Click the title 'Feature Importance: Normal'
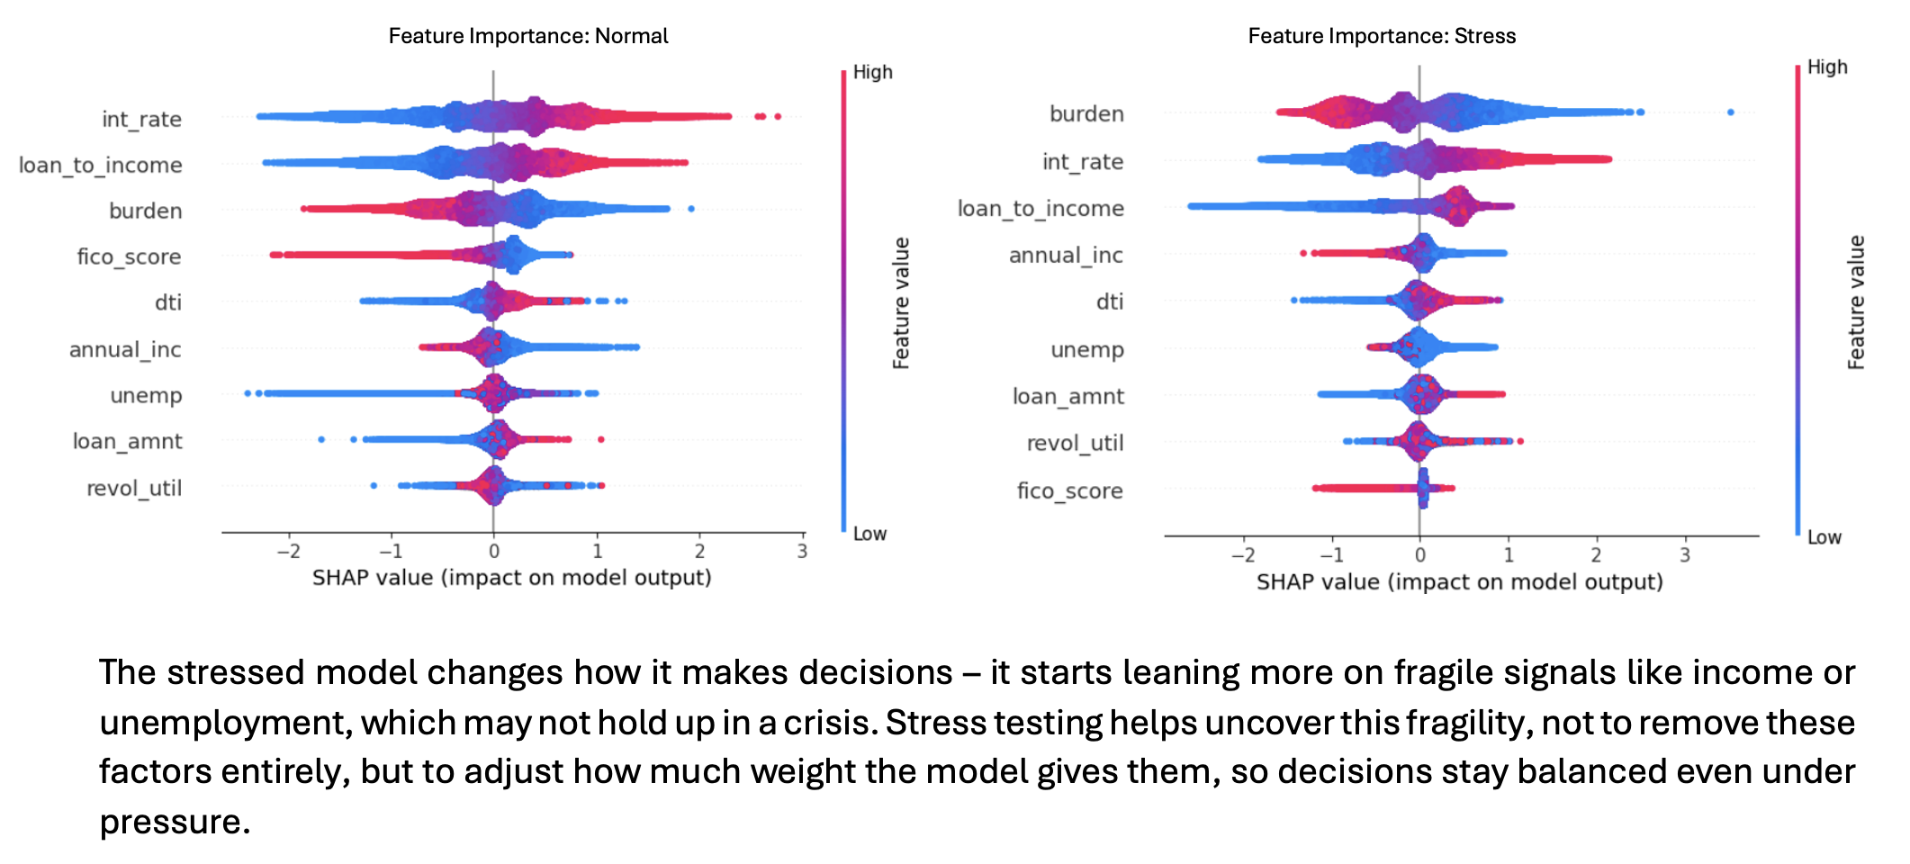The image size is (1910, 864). [x=528, y=36]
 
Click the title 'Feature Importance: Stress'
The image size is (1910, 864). [x=1382, y=36]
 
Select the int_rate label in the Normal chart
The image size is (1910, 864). [x=141, y=119]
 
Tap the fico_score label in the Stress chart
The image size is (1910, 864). [x=1069, y=490]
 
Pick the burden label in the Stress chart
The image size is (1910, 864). [x=1086, y=113]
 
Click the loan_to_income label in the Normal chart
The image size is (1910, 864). [x=101, y=165]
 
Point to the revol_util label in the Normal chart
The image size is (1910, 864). [x=134, y=488]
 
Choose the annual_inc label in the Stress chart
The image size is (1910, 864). [x=1066, y=255]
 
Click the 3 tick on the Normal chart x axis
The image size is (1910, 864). [x=802, y=551]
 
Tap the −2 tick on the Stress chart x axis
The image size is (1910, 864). [x=1242, y=554]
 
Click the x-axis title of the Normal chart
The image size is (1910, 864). [x=511, y=577]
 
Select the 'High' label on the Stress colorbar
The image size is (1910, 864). [x=1827, y=67]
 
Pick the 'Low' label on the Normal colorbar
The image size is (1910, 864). [x=869, y=534]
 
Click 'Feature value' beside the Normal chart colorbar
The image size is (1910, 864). [x=901, y=303]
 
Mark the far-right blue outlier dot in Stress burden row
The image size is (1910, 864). [x=1730, y=112]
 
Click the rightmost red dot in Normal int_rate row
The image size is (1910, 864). [x=778, y=116]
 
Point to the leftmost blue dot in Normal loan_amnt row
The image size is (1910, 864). [x=321, y=439]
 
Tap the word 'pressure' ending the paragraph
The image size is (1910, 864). [x=170, y=822]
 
